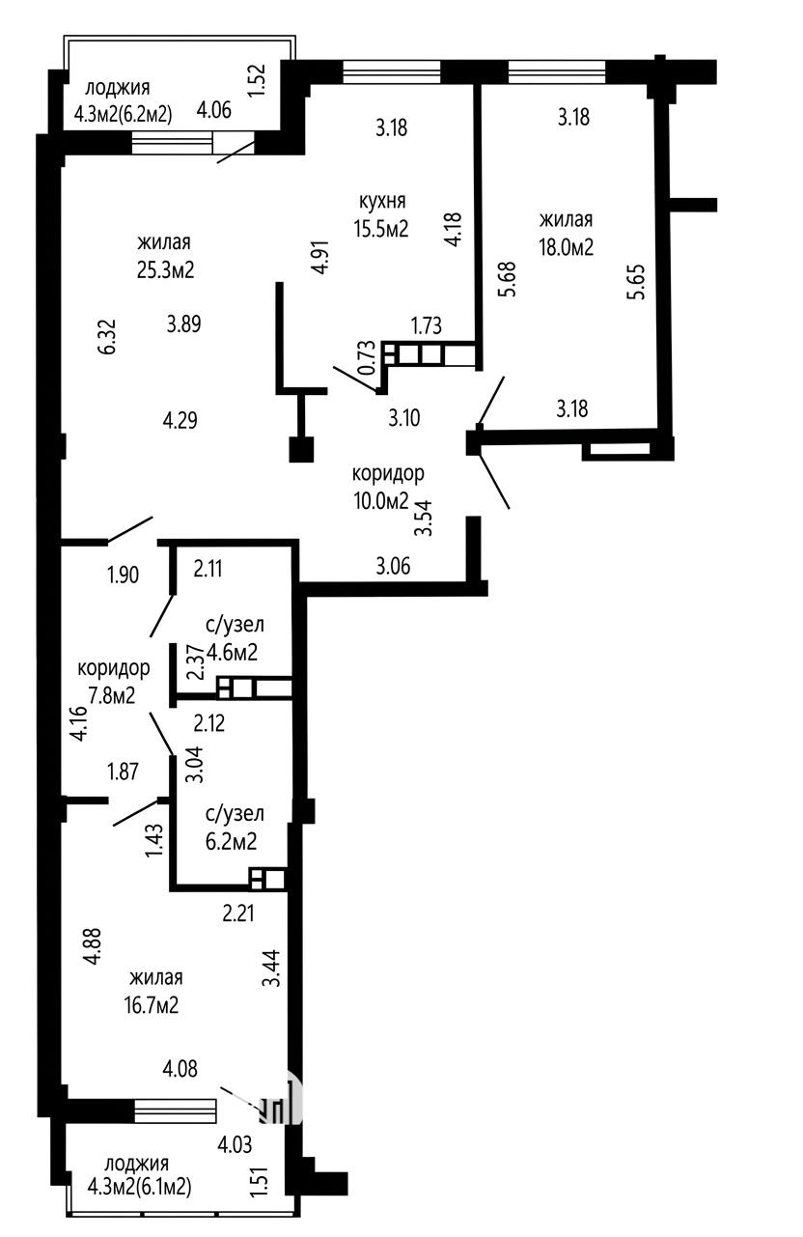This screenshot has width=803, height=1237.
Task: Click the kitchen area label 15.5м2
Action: click(381, 228)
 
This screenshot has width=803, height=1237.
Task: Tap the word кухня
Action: click(382, 201)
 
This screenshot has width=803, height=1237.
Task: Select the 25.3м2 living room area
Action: click(166, 270)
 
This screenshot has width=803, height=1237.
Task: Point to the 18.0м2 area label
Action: click(567, 247)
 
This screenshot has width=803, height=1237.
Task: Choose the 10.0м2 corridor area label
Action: click(381, 500)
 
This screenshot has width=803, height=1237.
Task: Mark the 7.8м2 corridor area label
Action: click(112, 695)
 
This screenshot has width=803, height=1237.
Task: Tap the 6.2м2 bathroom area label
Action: click(232, 842)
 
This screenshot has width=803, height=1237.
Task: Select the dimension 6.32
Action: click(108, 336)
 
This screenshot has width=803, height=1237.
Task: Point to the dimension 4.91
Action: click(320, 256)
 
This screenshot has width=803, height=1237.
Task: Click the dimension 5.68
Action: click(509, 279)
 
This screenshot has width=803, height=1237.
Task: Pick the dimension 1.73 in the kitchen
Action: click(427, 325)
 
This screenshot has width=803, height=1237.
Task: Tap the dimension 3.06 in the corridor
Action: click(393, 566)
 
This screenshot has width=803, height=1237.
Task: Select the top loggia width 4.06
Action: click(214, 110)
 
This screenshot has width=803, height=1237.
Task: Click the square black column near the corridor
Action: click(301, 450)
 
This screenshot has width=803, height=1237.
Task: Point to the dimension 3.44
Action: click(272, 968)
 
